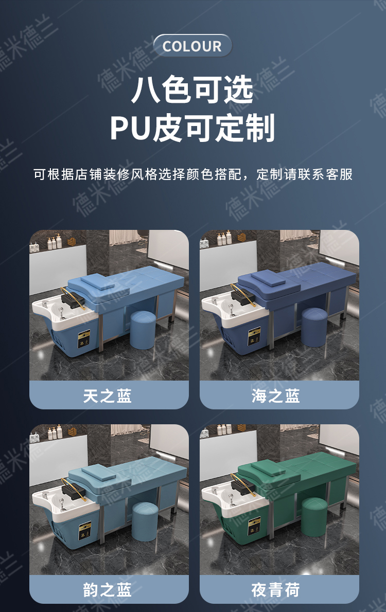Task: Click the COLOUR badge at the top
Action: click(x=192, y=46)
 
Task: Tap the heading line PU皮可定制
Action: click(x=192, y=128)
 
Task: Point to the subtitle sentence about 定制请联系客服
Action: click(x=193, y=174)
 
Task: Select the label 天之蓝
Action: click(x=108, y=395)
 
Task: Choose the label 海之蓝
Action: click(x=276, y=395)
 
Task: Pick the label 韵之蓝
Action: click(x=108, y=589)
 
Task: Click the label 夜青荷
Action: click(x=276, y=589)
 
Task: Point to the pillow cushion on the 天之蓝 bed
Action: click(x=93, y=282)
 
